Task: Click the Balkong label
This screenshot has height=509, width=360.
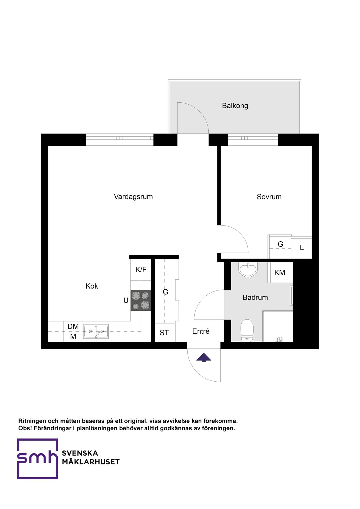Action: (235, 106)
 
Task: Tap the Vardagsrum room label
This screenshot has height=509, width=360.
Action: (133, 197)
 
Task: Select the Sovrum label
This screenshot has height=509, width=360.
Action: (269, 197)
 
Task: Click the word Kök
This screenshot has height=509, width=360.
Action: (92, 286)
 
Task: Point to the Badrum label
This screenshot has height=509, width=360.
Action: (255, 298)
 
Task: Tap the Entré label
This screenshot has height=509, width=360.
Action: (201, 331)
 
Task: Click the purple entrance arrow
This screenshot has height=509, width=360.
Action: (204, 358)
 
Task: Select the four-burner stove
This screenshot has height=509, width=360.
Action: (141, 300)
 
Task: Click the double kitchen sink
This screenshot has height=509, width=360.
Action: (96, 331)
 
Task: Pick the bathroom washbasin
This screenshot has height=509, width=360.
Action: (248, 269)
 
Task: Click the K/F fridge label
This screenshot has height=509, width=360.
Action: (141, 270)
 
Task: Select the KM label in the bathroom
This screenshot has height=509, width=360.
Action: (280, 272)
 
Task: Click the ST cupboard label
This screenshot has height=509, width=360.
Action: (164, 333)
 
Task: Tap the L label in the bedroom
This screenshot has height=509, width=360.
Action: (302, 247)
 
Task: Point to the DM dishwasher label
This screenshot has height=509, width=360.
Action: (73, 326)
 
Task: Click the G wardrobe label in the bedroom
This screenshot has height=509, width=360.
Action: (280, 244)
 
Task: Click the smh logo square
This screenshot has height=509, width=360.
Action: (37, 459)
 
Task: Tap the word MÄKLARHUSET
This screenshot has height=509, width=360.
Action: (91, 462)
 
